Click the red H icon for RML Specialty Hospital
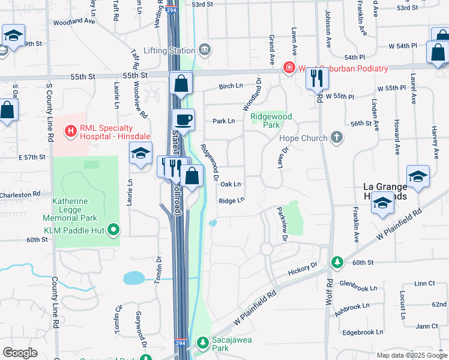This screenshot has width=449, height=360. pyautogui.click(x=71, y=129)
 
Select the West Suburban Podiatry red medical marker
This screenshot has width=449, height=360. pyautogui.click(x=290, y=68)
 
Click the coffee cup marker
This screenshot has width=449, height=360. pyautogui.click(x=184, y=119)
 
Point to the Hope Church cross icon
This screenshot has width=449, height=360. pyautogui.click(x=337, y=138)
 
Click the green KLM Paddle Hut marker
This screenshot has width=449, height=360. pyautogui.click(x=112, y=229)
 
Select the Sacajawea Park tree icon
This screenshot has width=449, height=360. pyautogui.click(x=203, y=343)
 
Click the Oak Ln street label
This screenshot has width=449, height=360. pyautogui.click(x=231, y=184)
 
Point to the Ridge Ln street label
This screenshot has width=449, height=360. pyautogui.click(x=232, y=201)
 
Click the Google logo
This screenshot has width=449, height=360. pyautogui.click(x=20, y=353)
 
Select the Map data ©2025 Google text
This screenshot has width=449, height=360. pyautogui.click(x=411, y=355)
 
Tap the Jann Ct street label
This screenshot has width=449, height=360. pyautogui.click(x=427, y=326)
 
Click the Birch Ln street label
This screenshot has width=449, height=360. pyautogui.click(x=231, y=86)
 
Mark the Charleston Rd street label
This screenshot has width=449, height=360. pyautogui.click(x=20, y=194)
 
